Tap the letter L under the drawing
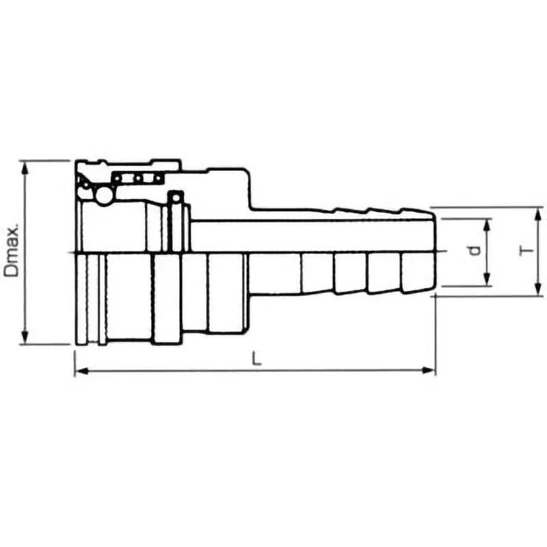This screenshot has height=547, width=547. pos(256,358)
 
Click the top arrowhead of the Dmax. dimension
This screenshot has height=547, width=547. pos(25,166)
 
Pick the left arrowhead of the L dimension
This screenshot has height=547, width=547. pos(79,371)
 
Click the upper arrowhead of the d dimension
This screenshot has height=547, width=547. pos(487,224)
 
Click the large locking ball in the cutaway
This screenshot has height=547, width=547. pos(104,195)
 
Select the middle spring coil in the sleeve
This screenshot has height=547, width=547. pos(137,178)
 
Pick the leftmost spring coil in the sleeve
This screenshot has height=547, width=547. pos(118,178)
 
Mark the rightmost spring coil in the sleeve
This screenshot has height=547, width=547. pos(158,178)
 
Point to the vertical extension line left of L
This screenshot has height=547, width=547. pos(73,359)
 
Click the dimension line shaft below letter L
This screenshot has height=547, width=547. pos(256,371)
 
